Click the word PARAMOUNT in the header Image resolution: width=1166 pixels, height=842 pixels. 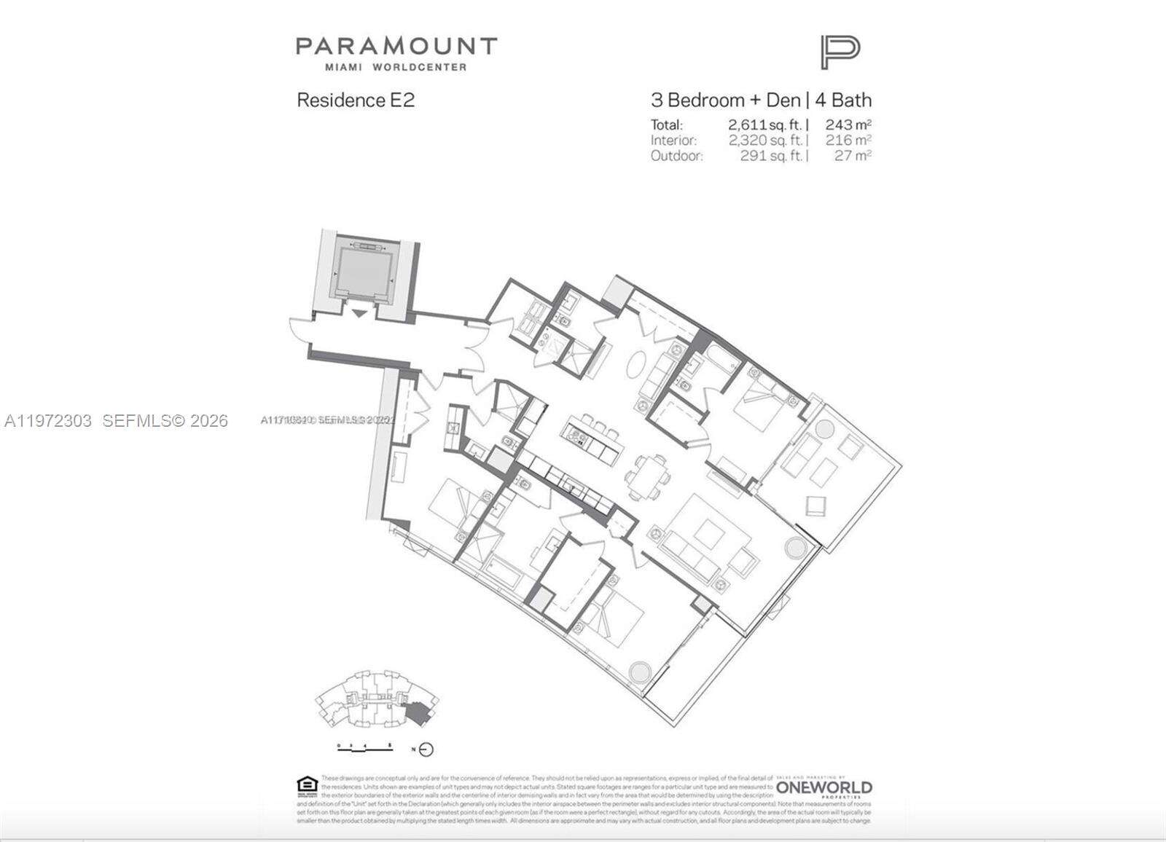point(396,47)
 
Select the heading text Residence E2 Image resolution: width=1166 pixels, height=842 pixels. point(356,101)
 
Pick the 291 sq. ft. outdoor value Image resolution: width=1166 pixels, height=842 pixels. point(771,155)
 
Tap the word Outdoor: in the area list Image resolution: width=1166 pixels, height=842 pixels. point(677,155)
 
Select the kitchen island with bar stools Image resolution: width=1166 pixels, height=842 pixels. point(591,438)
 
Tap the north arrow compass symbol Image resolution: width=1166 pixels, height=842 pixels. point(426,749)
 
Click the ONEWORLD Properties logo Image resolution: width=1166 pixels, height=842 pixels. point(823,788)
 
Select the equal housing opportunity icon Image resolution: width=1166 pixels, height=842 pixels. point(306,785)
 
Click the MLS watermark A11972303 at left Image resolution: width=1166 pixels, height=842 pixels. point(116,421)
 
